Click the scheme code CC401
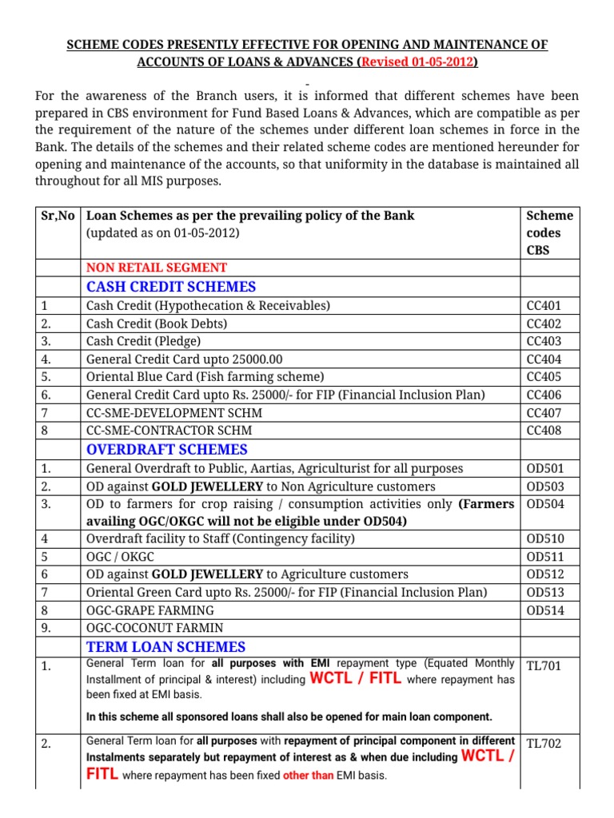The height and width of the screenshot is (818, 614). pyautogui.click(x=544, y=306)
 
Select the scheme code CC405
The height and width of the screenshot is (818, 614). pyautogui.click(x=544, y=377)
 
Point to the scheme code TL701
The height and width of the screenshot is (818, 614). pyautogui.click(x=544, y=665)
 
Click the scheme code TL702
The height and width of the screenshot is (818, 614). pyautogui.click(x=544, y=744)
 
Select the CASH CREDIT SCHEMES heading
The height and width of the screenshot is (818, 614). pyautogui.click(x=171, y=287)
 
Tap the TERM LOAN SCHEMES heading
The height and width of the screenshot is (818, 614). pyautogui.click(x=165, y=647)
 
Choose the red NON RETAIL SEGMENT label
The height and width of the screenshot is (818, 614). pyautogui.click(x=156, y=268)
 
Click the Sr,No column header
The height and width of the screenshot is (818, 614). pyautogui.click(x=58, y=216)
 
